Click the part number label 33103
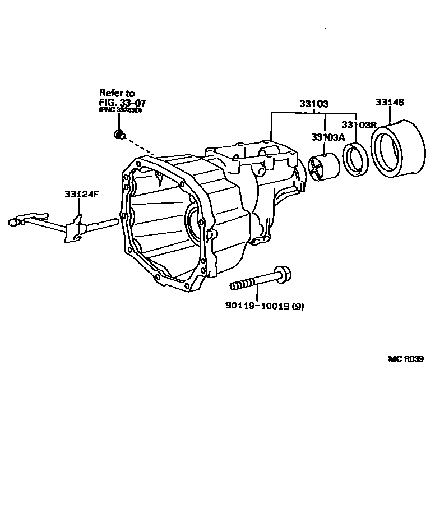point(313,104)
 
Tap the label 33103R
point(359,124)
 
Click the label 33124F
point(81,194)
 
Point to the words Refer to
point(117,93)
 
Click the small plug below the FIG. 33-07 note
point(119,133)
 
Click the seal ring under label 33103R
point(356,159)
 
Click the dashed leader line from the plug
point(140,147)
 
